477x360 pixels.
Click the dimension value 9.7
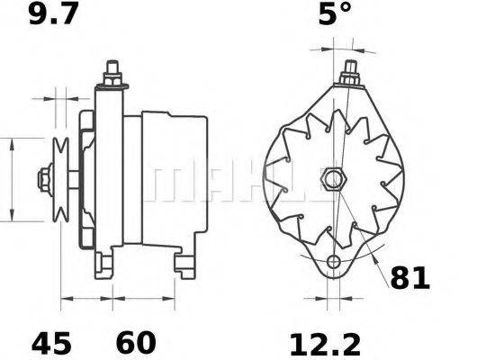pos(49,15)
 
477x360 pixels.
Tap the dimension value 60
pos(134,343)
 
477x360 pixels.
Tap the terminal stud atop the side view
pos(112,75)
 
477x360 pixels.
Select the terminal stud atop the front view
pos(348,72)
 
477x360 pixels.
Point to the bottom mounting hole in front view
pos(335,262)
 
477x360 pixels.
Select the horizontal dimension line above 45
pos(85,297)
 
